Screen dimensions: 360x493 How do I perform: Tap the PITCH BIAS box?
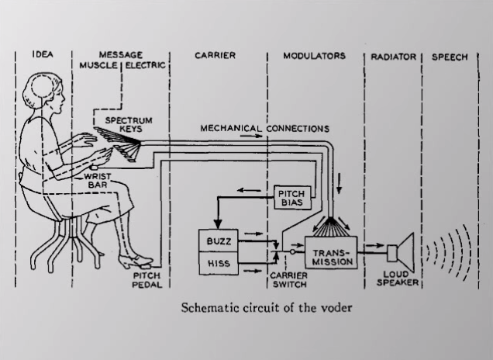[x=291, y=197]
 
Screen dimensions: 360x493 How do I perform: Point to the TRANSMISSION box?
[x=333, y=258]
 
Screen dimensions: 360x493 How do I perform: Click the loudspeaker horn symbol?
[x=402, y=251]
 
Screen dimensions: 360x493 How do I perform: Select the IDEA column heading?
[x=43, y=57]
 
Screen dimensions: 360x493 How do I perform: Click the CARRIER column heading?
[x=215, y=57]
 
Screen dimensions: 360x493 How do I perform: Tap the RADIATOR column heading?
[x=393, y=57]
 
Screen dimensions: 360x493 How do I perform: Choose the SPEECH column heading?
[x=450, y=57]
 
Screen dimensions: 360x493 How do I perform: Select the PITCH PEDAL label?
[x=145, y=279]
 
